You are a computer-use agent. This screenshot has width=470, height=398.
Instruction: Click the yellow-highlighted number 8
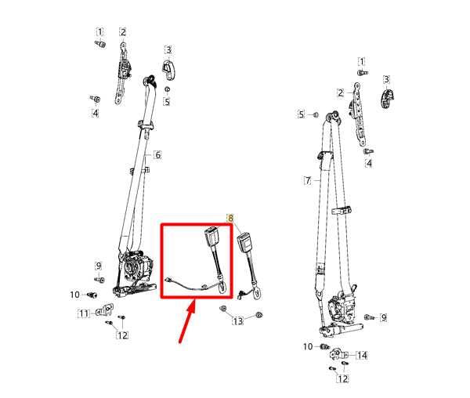[x=230, y=218]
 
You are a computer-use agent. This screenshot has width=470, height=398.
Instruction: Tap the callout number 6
[x=157, y=155]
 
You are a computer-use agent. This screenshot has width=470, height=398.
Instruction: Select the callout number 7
[x=308, y=181]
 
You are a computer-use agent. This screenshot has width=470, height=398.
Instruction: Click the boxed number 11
[x=84, y=313]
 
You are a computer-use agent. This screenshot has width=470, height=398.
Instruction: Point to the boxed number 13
[x=238, y=321]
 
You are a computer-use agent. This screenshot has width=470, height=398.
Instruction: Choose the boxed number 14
[x=362, y=356]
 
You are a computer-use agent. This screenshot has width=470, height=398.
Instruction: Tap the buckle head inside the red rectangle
[x=211, y=237]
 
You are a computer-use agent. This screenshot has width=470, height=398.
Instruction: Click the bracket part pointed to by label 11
[x=104, y=309]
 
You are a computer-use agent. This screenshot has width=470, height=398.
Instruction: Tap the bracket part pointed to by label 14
[x=338, y=355]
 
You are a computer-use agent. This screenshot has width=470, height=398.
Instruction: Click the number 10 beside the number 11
[x=75, y=295]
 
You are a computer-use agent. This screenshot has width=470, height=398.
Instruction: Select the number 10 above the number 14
[x=308, y=347]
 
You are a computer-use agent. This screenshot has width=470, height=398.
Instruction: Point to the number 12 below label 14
[x=343, y=378]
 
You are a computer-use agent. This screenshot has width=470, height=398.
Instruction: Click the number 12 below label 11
[x=122, y=335]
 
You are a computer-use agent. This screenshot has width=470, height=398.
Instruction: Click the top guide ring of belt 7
[x=334, y=116]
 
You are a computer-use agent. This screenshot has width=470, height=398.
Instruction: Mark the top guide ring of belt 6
[x=150, y=80]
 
